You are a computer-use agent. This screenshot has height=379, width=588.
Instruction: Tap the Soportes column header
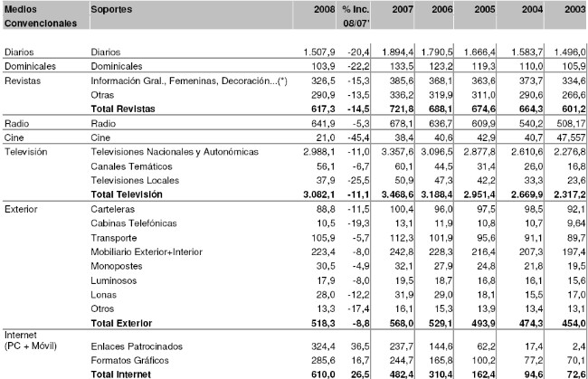[113, 8]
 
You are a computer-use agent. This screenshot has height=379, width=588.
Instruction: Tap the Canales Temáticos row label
[130, 168]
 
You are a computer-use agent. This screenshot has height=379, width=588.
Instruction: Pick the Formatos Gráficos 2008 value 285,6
[318, 360]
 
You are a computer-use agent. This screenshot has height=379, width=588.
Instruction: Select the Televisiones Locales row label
[133, 182]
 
